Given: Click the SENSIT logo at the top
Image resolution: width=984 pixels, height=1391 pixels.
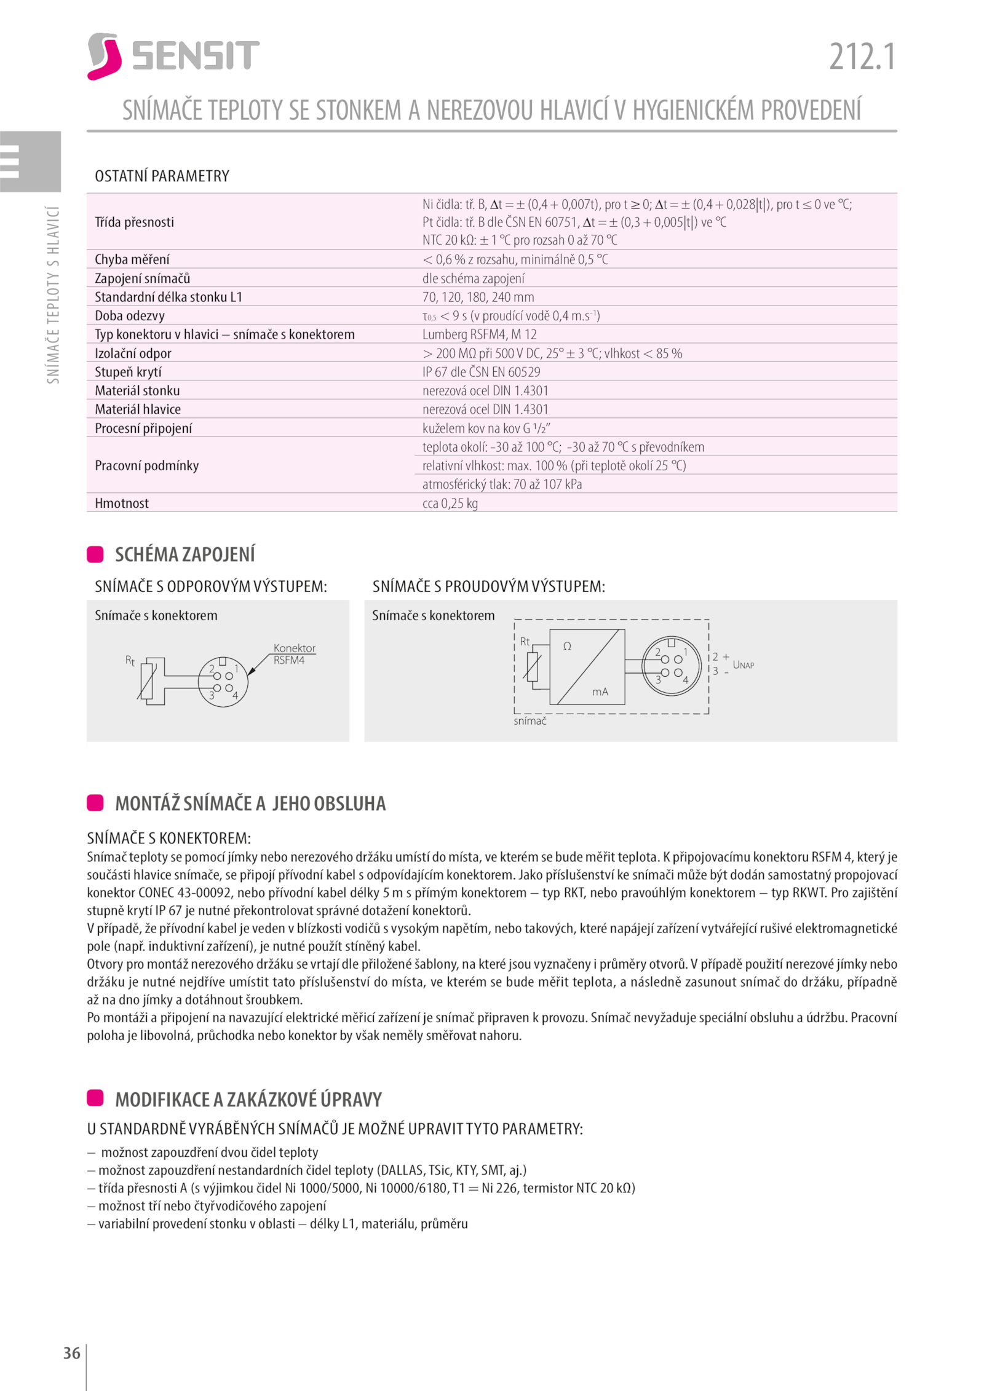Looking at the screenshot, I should pyautogui.click(x=173, y=56).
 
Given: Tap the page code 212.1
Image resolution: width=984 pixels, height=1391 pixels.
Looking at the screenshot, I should pyautogui.click(x=862, y=57).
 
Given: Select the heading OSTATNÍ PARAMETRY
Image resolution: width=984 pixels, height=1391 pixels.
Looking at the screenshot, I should pyautogui.click(x=162, y=176).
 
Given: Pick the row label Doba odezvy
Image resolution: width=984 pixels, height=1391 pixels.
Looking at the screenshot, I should pyautogui.click(x=130, y=316).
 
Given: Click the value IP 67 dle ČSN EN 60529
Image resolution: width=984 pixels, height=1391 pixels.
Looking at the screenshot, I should pyautogui.click(x=481, y=372).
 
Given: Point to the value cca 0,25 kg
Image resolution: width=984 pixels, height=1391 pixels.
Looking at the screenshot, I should pyautogui.click(x=450, y=503).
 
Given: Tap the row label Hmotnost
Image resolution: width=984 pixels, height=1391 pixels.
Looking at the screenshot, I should pyautogui.click(x=122, y=503).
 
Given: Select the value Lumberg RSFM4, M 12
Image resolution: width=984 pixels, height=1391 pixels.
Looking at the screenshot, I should pyautogui.click(x=479, y=334).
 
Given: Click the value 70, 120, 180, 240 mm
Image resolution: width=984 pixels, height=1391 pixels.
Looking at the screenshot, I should pyautogui.click(x=478, y=298).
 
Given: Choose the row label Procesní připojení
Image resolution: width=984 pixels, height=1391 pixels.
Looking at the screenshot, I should pyautogui.click(x=143, y=428).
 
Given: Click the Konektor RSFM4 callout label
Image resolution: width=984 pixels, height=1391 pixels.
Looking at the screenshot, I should pyautogui.click(x=294, y=654).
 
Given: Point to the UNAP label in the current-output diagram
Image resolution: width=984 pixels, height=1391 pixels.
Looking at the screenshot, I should pyautogui.click(x=743, y=665).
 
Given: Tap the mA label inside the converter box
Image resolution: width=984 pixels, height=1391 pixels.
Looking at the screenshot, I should pyautogui.click(x=600, y=692).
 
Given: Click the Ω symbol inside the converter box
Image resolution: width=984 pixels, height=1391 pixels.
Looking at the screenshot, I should pyautogui.click(x=567, y=647).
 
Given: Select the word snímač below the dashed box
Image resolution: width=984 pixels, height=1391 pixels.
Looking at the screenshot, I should pyautogui.click(x=530, y=721).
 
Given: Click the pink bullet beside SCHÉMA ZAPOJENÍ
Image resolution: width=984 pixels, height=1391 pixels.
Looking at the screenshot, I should pyautogui.click(x=95, y=554).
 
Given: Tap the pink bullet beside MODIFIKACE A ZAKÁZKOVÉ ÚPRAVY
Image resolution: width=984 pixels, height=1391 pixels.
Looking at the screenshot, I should pyautogui.click(x=95, y=1097).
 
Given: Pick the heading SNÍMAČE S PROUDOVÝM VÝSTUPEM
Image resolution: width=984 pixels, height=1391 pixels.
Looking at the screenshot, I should pyautogui.click(x=488, y=586).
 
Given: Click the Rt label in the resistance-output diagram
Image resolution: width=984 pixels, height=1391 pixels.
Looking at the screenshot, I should pyautogui.click(x=130, y=661).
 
